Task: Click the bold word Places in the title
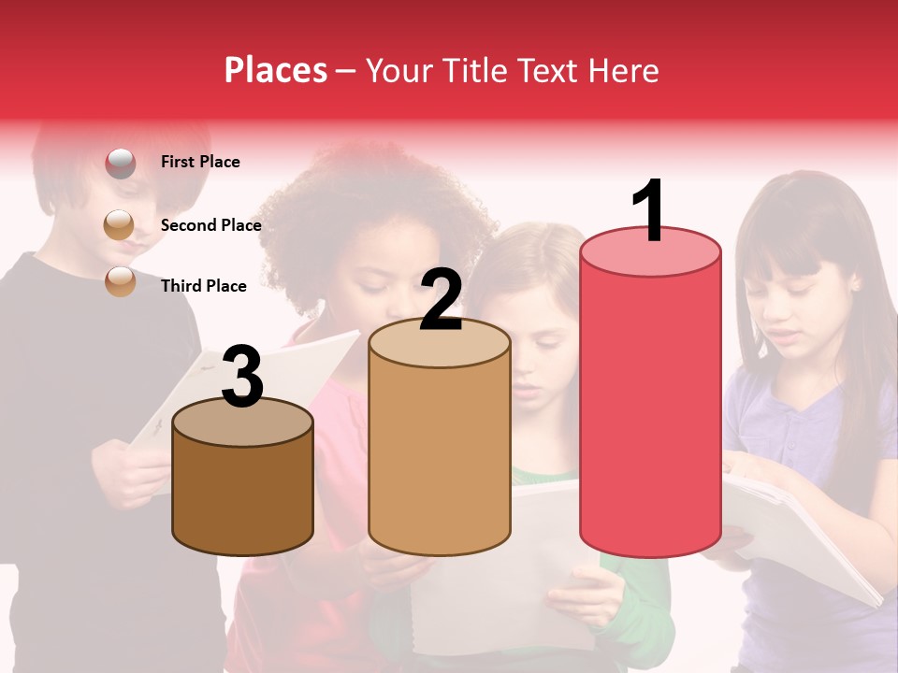coord(276,70)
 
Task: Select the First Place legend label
coord(200,162)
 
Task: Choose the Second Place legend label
coord(210,225)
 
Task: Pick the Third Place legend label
coord(203,286)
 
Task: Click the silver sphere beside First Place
coord(120,163)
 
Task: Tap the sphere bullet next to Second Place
coord(119,224)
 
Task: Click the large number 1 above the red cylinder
coord(649,211)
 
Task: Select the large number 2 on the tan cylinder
coord(441,300)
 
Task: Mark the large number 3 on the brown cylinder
coord(243,376)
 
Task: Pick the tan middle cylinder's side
coord(440,458)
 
